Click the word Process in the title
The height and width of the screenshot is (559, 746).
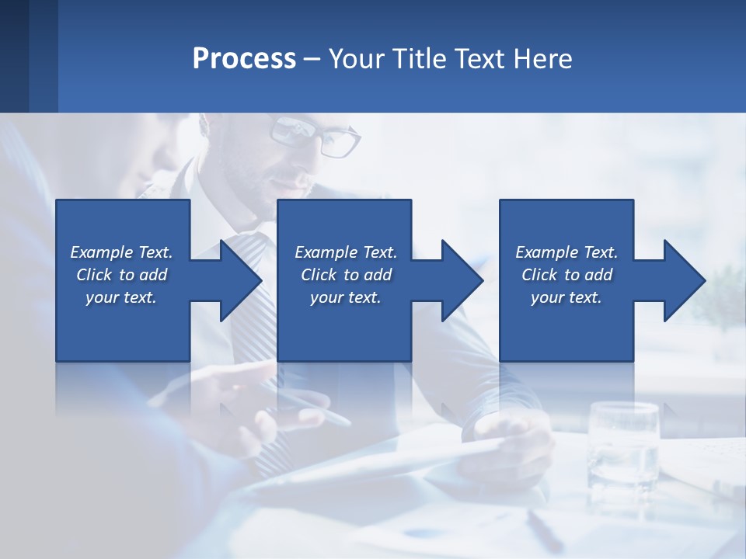pyautogui.click(x=244, y=59)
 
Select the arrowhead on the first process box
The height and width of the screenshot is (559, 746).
pyautogui.click(x=240, y=280)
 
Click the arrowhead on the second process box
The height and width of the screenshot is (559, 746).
pyautogui.click(x=462, y=280)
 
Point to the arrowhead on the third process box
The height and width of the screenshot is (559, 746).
pyautogui.click(x=684, y=280)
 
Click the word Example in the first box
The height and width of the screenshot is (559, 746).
pyautogui.click(x=102, y=252)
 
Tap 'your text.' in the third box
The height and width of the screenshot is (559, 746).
pyautogui.click(x=566, y=297)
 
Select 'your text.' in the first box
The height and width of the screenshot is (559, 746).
pyautogui.click(x=121, y=297)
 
